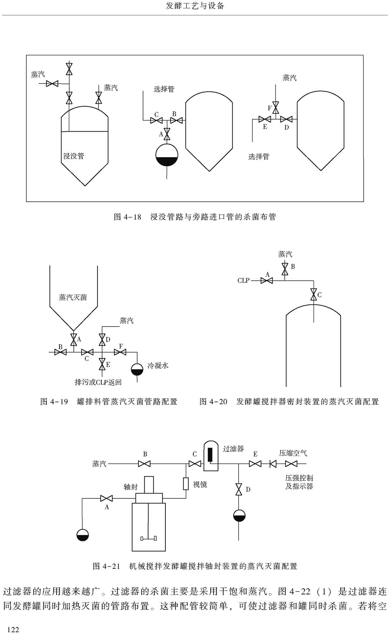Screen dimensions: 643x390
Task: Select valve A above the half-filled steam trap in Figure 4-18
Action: [x=167, y=134]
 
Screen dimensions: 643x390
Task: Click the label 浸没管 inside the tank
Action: [x=73, y=156]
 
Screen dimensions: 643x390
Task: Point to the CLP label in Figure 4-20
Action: [x=243, y=280]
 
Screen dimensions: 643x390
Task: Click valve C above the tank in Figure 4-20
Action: [x=313, y=294]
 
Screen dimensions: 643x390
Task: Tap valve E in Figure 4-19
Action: [x=102, y=364]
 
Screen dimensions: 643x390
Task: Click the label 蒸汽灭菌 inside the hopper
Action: [x=73, y=297]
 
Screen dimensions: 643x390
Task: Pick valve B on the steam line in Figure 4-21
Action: [x=144, y=464]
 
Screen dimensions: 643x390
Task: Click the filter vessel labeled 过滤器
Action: [x=211, y=456]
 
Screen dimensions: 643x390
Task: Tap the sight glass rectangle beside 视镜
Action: [x=186, y=484]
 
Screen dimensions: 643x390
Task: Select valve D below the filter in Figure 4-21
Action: [x=239, y=489]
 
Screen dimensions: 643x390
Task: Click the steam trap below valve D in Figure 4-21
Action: [x=239, y=516]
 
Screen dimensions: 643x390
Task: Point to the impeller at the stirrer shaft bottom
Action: [x=148, y=538]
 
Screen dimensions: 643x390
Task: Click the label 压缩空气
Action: [x=293, y=453]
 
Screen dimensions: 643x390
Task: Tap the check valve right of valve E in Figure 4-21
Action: [x=273, y=464]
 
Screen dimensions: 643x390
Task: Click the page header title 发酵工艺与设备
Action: [x=195, y=6]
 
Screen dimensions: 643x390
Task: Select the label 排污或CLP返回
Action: [x=98, y=382]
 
